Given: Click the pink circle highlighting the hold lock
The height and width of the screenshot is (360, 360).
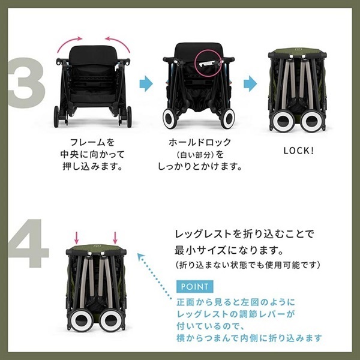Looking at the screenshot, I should click(208, 62).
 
